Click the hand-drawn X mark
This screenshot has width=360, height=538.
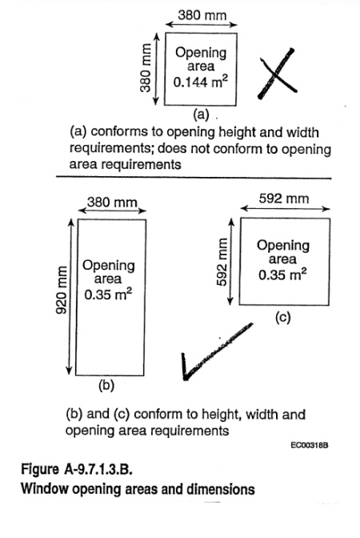coord(276,74)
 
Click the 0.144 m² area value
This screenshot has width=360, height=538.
coord(200,82)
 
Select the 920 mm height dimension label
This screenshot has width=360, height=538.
coord(62,291)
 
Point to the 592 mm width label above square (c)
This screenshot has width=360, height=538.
coord(284,199)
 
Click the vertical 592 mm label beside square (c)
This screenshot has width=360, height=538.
coord(222,262)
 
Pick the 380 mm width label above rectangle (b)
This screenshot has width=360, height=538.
coord(112,202)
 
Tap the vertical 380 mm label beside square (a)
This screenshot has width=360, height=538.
coord(146,68)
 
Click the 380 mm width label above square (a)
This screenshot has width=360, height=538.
coord(202,15)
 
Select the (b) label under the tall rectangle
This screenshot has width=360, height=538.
coord(106,386)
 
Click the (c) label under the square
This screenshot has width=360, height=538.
coord(283,317)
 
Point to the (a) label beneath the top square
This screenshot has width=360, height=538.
coord(201,114)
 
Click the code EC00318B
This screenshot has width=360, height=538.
coord(310,445)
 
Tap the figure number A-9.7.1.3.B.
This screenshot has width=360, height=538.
coord(98,468)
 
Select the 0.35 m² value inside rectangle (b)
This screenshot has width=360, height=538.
coord(108,295)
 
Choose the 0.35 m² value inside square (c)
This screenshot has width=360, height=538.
coord(282,275)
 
